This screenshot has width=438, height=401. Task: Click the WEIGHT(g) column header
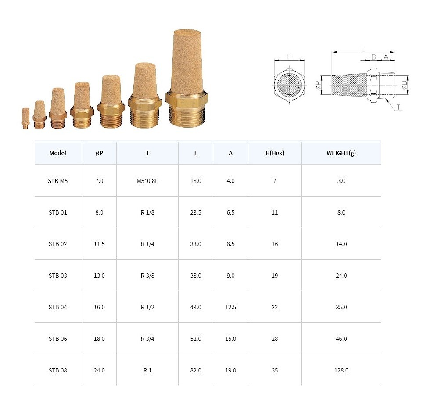[341, 154]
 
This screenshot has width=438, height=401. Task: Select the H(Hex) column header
[275, 154]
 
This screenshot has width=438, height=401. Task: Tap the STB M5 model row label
[58, 181]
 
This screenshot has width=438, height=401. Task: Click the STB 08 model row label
[58, 370]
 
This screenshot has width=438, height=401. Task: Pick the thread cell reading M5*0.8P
[147, 181]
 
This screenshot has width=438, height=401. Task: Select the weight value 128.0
[341, 370]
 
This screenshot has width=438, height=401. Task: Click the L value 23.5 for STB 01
[196, 212]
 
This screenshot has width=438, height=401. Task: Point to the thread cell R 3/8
[147, 276]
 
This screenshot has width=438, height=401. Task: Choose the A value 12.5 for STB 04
[231, 307]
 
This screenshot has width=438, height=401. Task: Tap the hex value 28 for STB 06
[275, 339]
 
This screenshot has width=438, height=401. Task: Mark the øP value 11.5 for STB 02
[99, 244]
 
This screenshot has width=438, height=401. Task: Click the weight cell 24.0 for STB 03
[341, 276]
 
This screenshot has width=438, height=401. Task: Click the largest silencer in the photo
[187, 79]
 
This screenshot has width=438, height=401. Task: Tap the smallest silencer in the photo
[25, 118]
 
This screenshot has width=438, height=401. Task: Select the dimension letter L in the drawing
[363, 49]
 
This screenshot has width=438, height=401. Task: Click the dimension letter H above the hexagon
[289, 57]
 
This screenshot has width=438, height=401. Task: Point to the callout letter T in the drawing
[399, 107]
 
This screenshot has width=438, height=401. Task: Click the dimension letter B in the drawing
[373, 57]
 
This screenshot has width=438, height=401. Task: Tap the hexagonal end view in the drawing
[289, 84]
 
